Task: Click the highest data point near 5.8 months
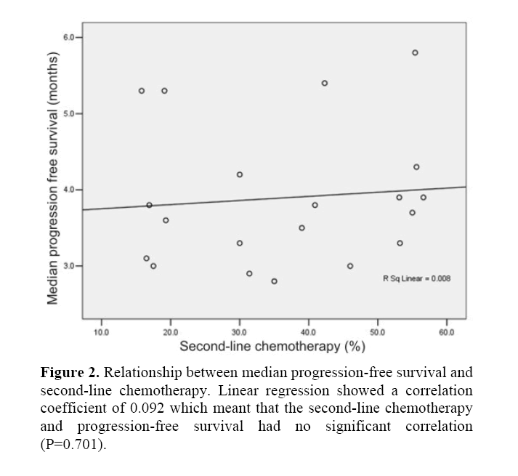click(x=415, y=52)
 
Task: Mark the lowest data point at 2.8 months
click(x=274, y=281)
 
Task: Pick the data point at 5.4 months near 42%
click(x=324, y=83)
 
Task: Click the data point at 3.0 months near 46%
click(x=350, y=266)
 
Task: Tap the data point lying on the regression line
click(x=149, y=205)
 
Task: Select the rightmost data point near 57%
click(x=423, y=197)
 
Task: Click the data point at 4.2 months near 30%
click(x=240, y=174)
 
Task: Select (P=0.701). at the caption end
click(x=73, y=444)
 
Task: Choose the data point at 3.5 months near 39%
click(x=302, y=227)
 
